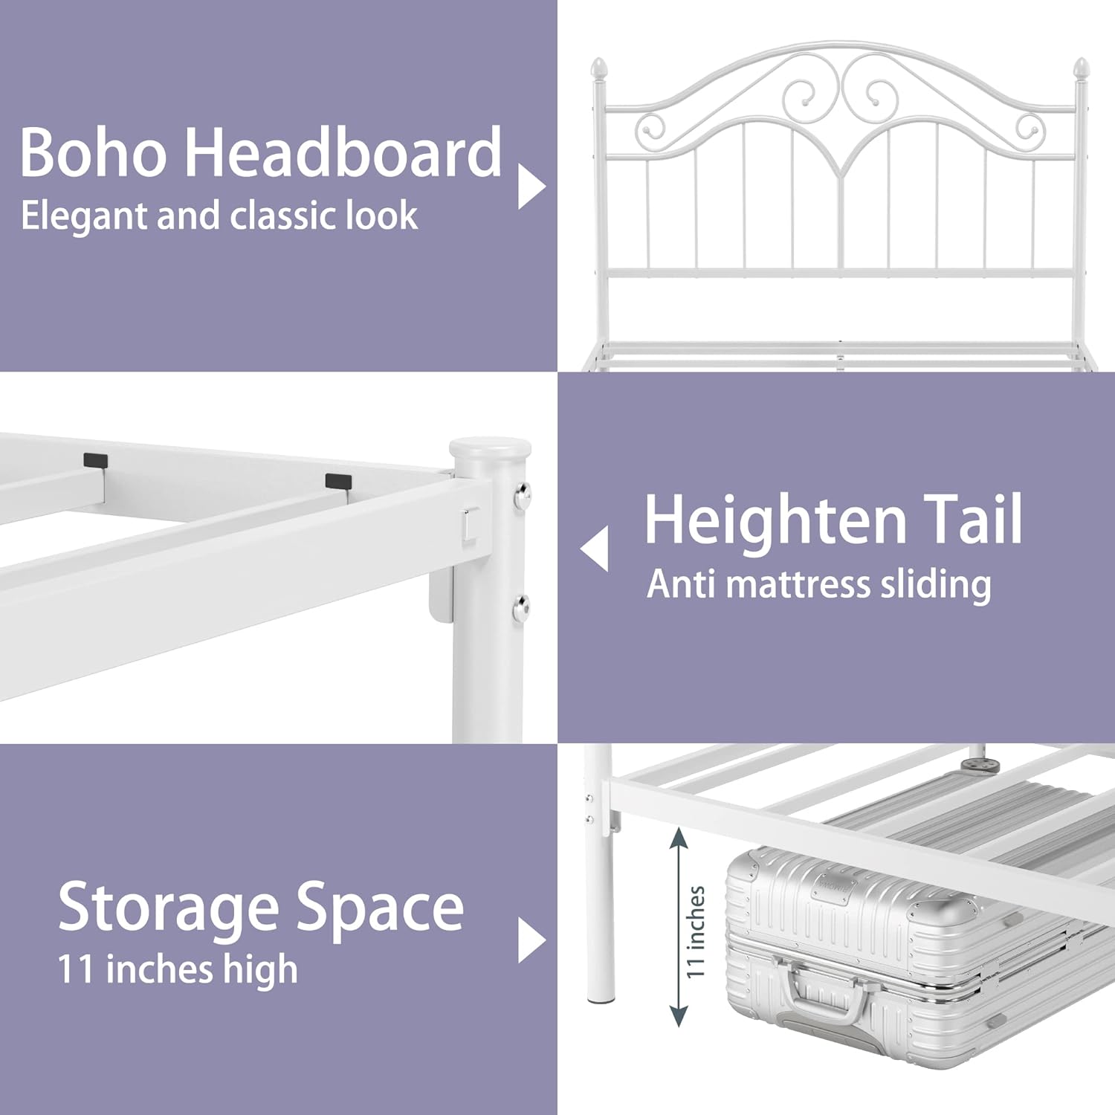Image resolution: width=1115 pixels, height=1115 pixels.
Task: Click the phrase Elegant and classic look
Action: pos(219,216)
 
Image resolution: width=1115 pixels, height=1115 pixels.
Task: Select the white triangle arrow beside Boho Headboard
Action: pos(531,186)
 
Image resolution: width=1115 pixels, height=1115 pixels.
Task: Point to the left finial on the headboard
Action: pos(598,70)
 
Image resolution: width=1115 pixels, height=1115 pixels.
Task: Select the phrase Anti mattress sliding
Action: pos(819,584)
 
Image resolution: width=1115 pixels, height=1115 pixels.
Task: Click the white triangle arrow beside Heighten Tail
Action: pos(594,549)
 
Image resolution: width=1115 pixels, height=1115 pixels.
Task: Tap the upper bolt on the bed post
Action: pos(523,492)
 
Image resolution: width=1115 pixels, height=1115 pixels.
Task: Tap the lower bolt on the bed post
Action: pos(522,610)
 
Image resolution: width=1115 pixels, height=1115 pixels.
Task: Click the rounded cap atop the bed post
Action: pos(490,449)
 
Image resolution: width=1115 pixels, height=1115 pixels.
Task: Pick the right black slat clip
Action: pos(338,481)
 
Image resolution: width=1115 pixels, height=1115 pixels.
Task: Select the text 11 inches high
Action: pos(178,970)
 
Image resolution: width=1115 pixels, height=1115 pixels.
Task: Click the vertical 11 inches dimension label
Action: pos(695,931)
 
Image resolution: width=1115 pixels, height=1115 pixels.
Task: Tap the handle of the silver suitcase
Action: pos(827,996)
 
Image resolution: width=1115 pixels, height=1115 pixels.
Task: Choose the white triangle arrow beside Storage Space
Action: pos(531,940)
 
